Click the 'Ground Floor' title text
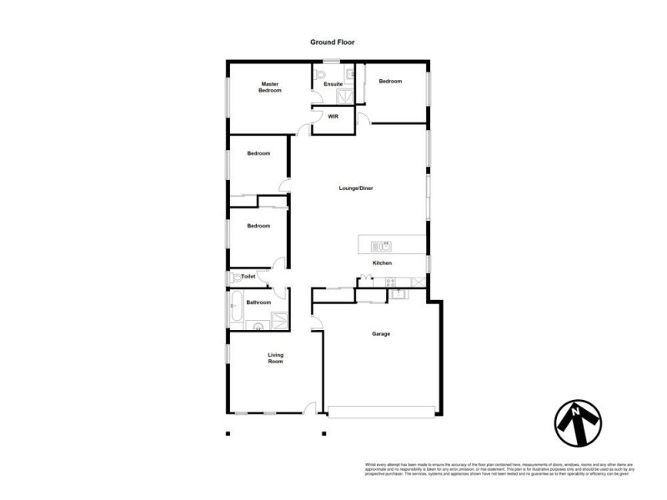333,41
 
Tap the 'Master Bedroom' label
269,87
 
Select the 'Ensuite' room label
333,84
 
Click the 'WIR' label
333,117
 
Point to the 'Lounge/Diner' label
356,188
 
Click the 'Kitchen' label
382,263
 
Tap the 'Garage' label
381,334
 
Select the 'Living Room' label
275,358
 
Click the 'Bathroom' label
258,302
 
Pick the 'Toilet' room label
248,276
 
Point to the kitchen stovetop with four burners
389,282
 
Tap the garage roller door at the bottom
382,410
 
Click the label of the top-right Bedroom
390,81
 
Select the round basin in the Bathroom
258,326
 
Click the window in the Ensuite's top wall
331,61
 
